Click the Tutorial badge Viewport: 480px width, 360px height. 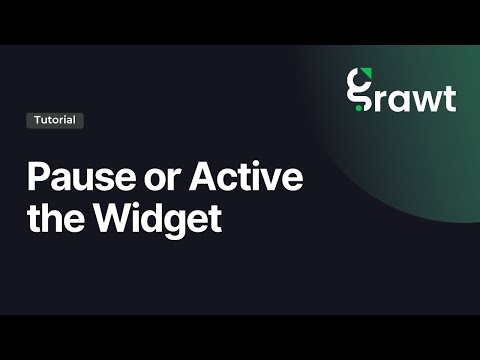(x=55, y=120)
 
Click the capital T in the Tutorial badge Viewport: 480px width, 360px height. (x=37, y=120)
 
